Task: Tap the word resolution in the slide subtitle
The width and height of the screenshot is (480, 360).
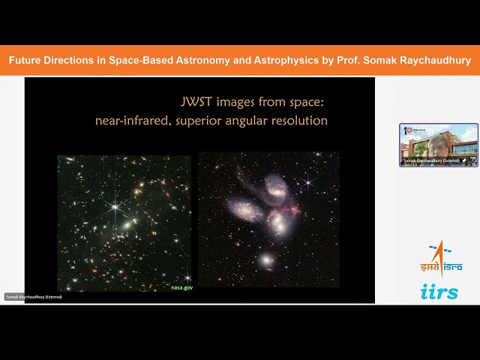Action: pos(299,119)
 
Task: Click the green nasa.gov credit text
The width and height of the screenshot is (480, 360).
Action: pos(182,286)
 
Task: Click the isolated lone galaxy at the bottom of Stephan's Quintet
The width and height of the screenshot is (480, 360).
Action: pos(266,259)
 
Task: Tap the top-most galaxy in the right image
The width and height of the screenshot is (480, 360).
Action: pos(275,184)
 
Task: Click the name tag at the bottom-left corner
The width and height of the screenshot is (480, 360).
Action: pos(34,297)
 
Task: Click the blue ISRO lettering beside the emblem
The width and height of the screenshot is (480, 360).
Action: pos(453,266)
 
